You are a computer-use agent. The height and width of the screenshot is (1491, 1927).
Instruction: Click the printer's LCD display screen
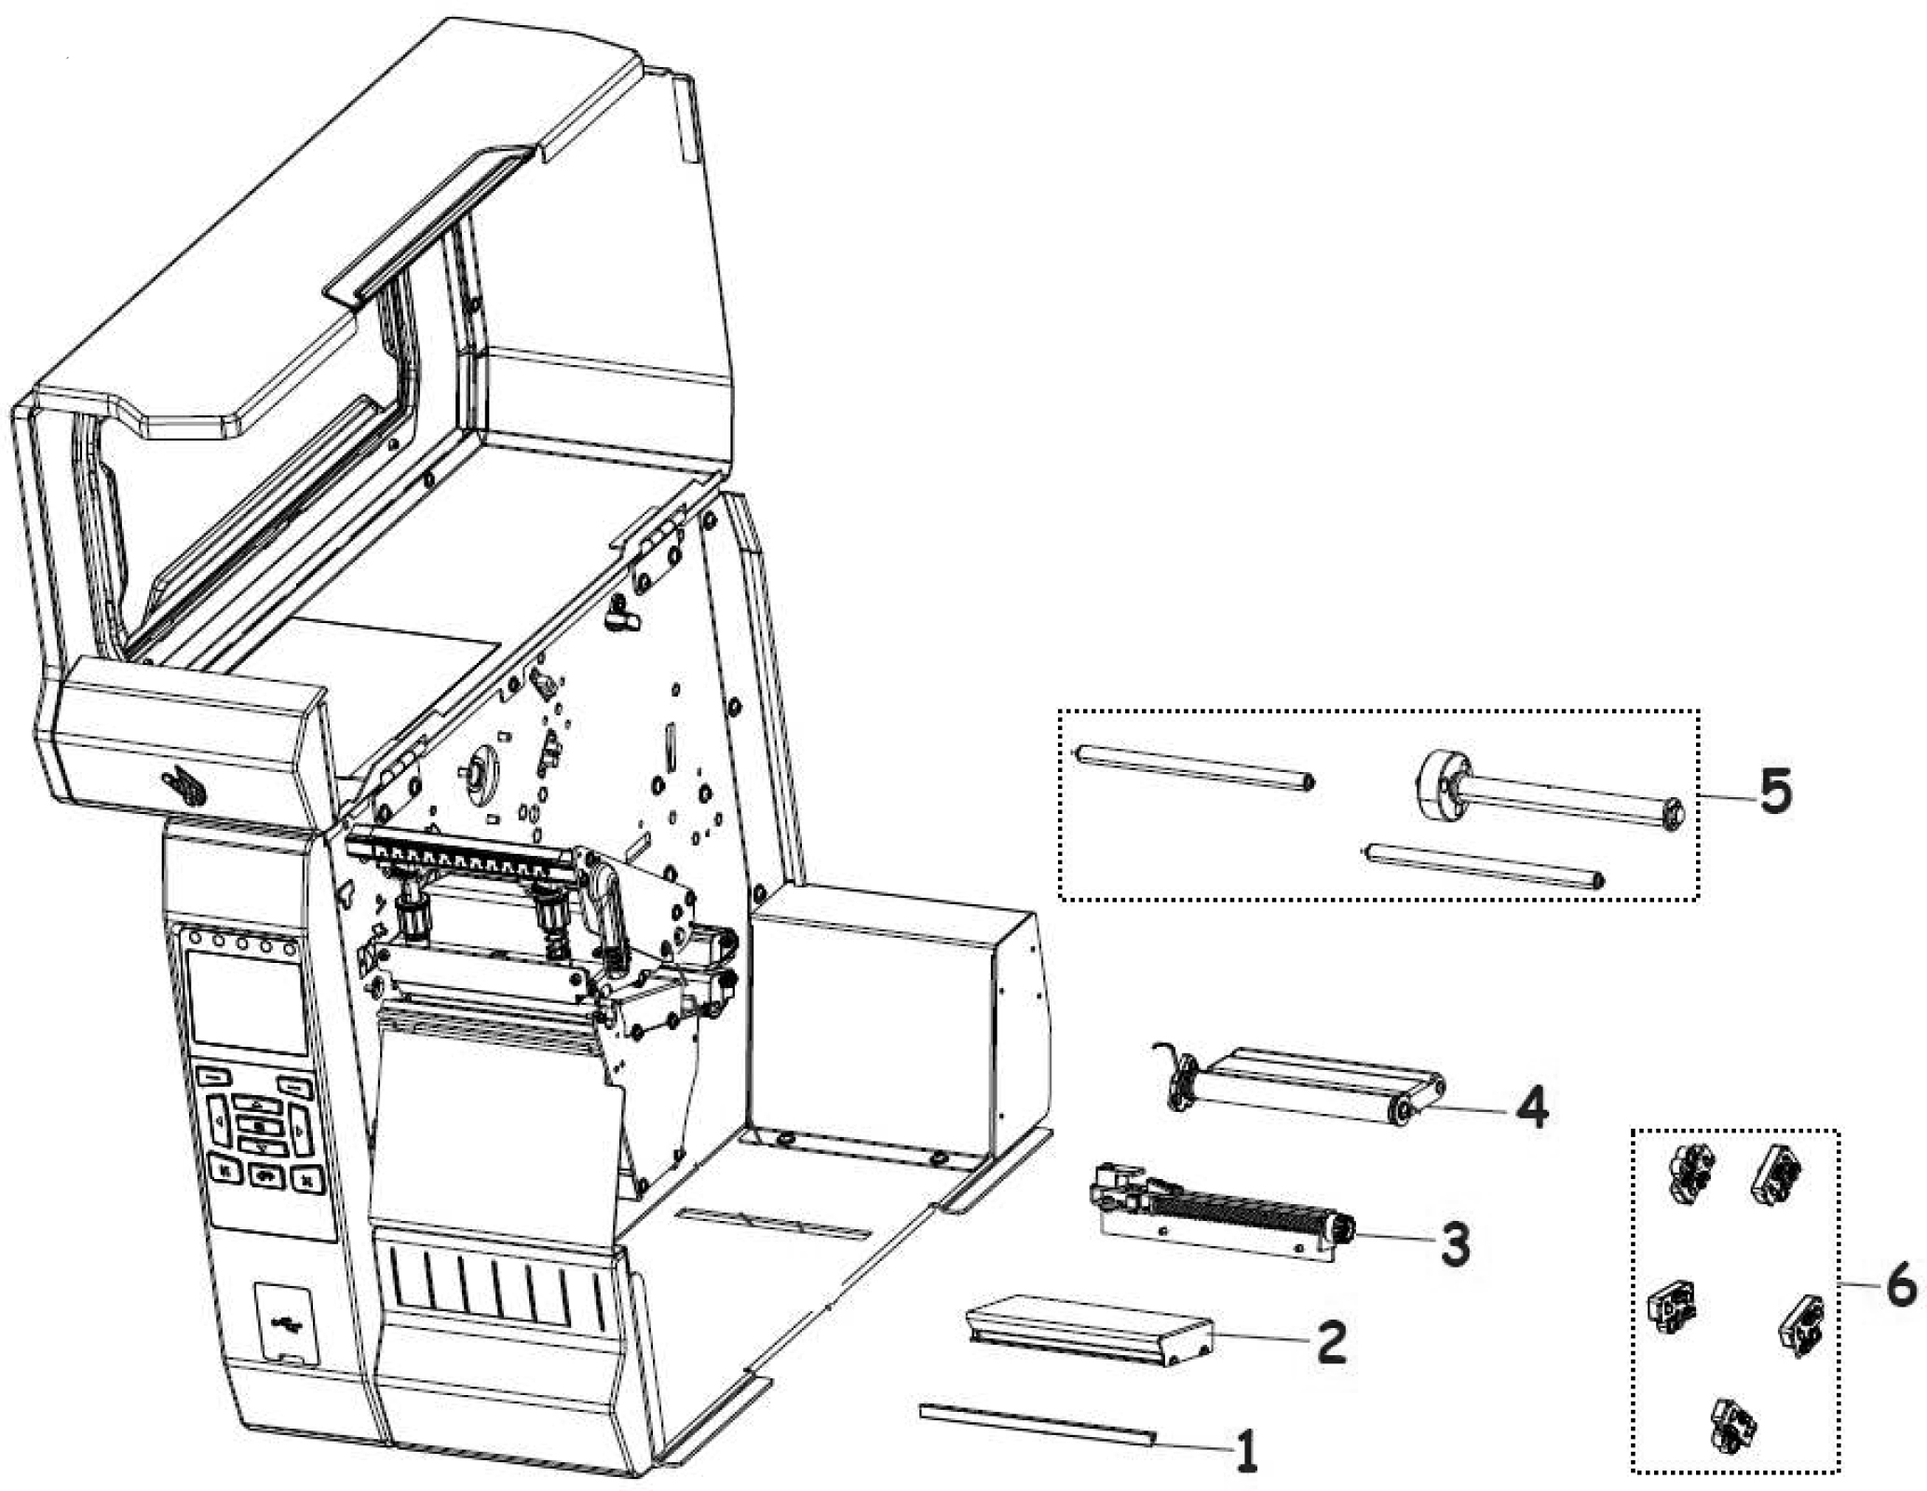(x=247, y=1001)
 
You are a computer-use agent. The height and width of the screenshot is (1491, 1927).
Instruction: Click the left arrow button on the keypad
(x=218, y=1121)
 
